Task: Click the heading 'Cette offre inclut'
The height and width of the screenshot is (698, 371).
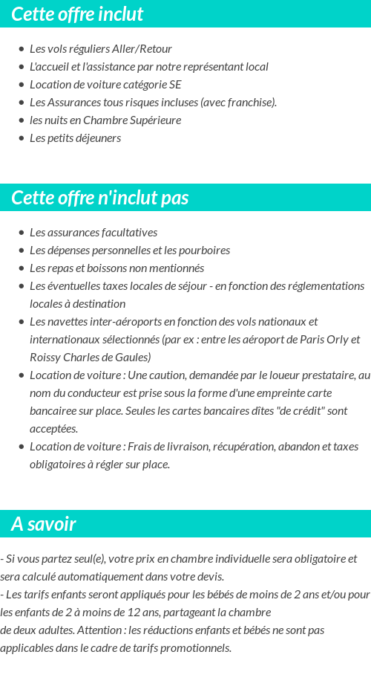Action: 77,14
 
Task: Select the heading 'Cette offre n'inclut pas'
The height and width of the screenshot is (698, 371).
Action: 100,198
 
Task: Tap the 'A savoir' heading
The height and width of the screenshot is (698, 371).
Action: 44,524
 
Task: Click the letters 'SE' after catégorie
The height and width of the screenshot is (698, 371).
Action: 174,85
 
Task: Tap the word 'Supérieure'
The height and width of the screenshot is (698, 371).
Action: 155,120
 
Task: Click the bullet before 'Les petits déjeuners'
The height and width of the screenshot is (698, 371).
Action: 21,138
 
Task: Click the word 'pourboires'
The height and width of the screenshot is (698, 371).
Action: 203,251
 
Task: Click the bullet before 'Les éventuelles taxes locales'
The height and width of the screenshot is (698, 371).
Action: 21,286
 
